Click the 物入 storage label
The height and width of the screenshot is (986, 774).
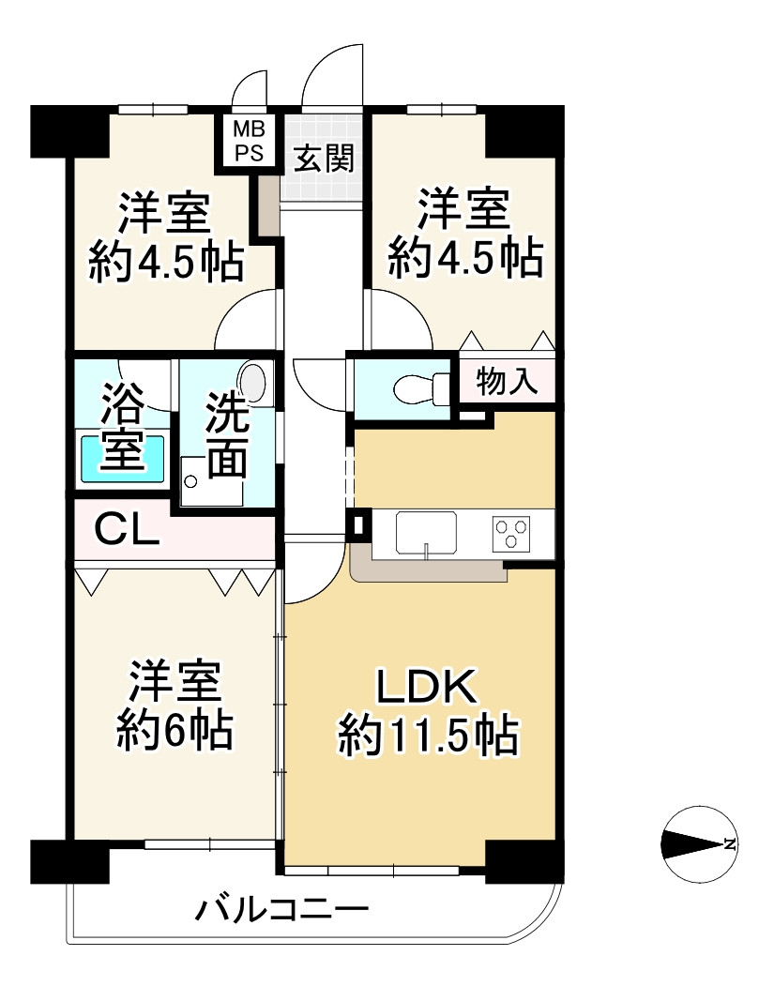pyautogui.click(x=507, y=382)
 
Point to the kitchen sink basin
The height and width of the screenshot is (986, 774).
pyautogui.click(x=426, y=533)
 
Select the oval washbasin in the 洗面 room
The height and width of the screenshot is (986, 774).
pyautogui.click(x=253, y=383)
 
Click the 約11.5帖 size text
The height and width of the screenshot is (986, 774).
pyautogui.click(x=429, y=736)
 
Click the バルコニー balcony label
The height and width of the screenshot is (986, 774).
pyautogui.click(x=281, y=909)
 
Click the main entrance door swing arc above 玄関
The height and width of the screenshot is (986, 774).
pyautogui.click(x=330, y=75)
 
